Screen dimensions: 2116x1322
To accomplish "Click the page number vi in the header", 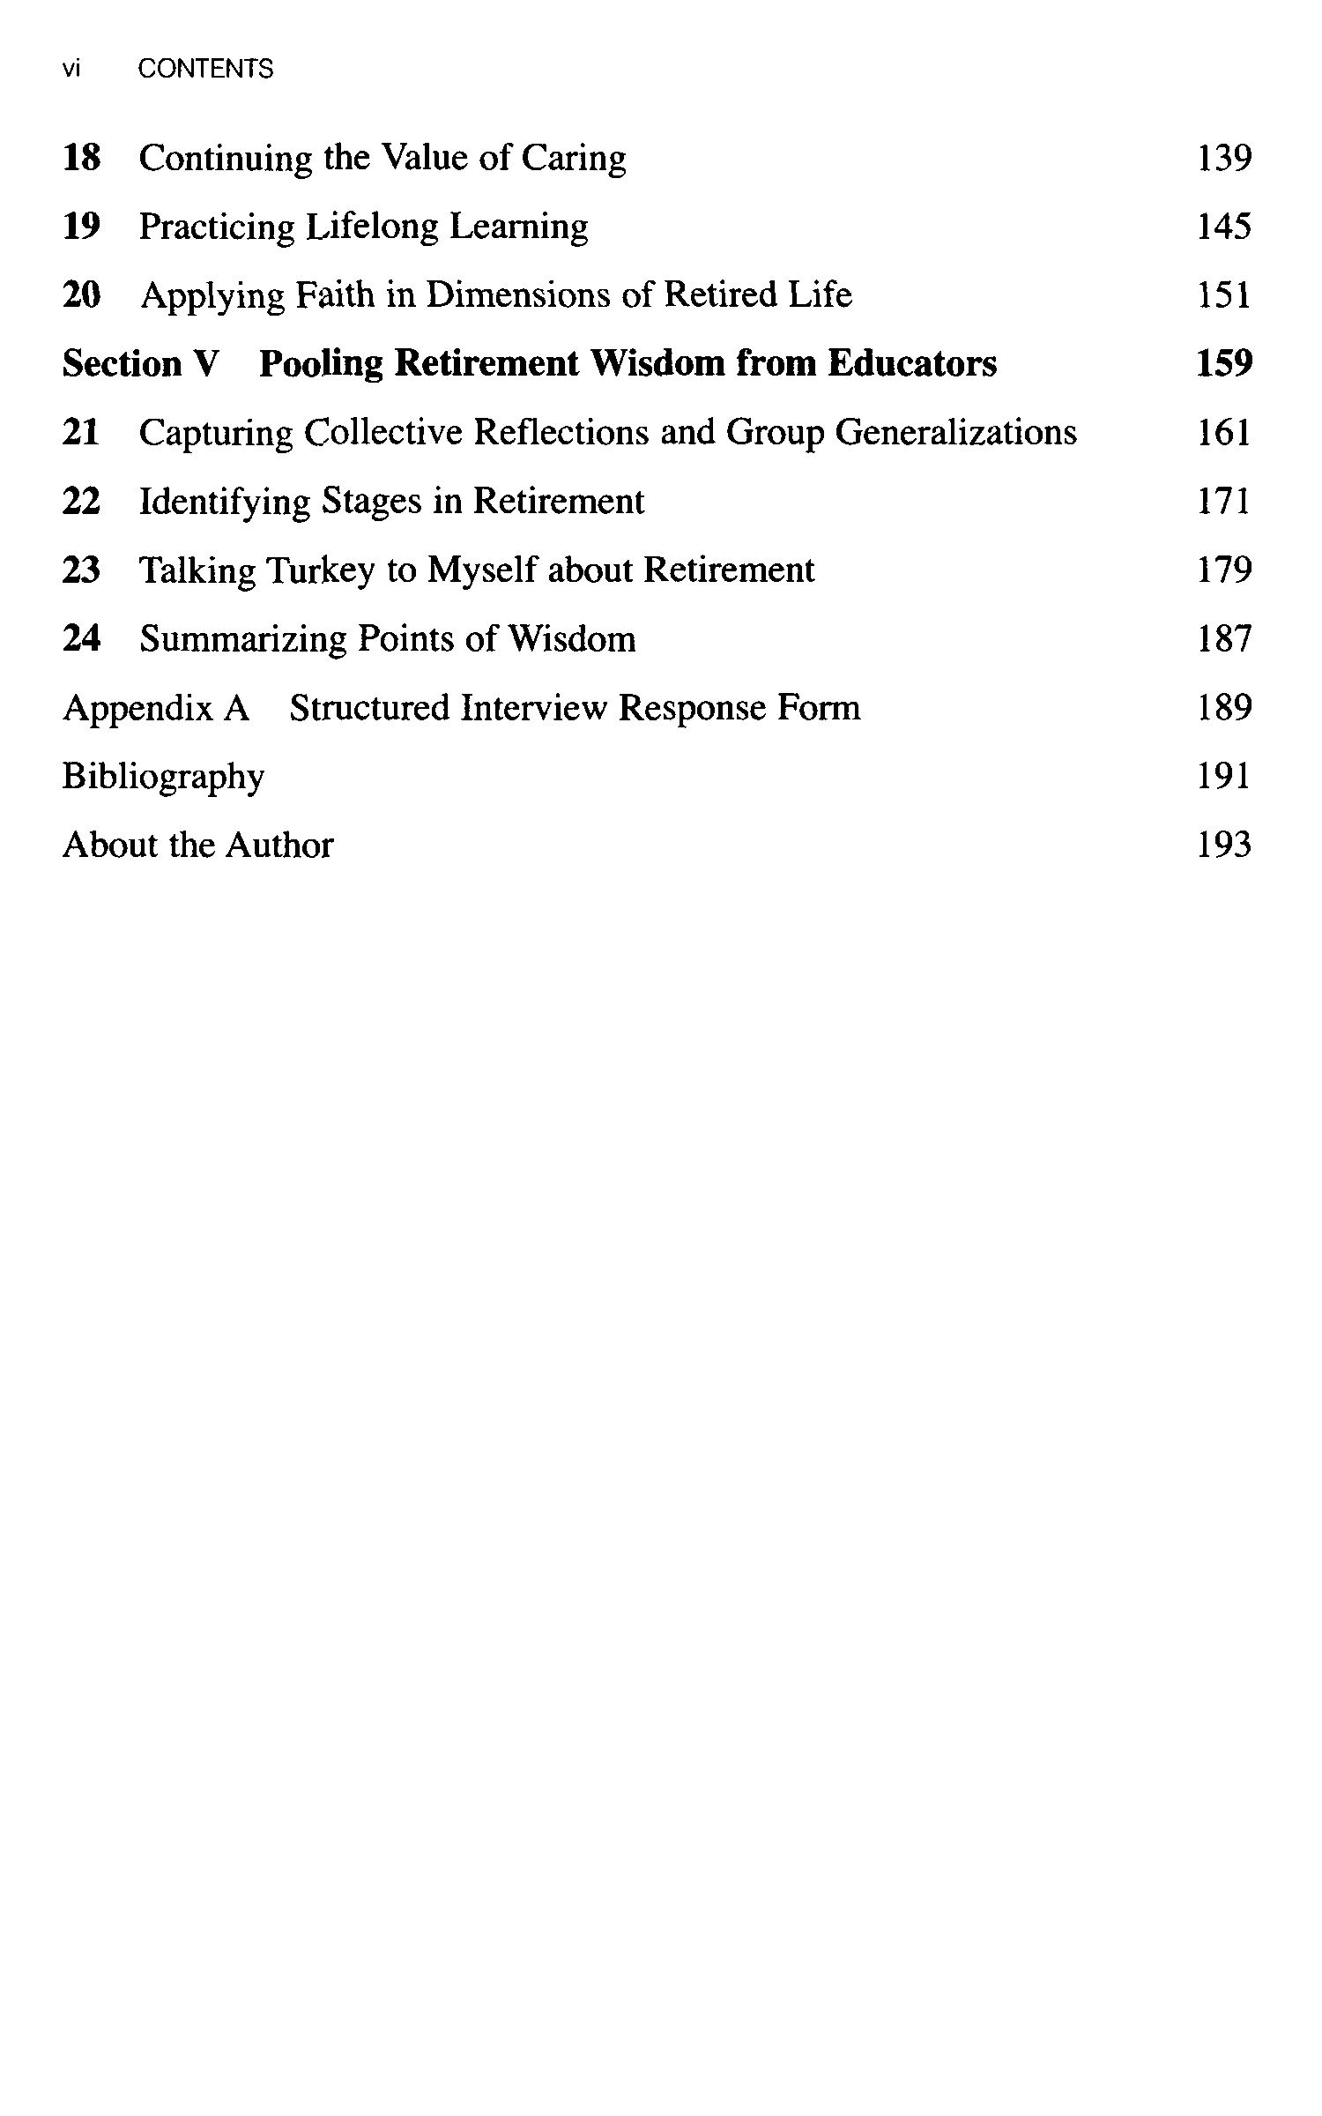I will click(71, 69).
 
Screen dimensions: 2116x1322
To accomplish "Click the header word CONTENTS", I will click(205, 69).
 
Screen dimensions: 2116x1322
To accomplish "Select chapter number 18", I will click(81, 158).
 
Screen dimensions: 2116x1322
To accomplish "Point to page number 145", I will click(1223, 227).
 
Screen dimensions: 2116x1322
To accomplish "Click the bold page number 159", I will click(1224, 363).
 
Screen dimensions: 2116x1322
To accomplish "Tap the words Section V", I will click(140, 363).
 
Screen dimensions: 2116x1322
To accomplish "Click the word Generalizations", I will click(955, 432).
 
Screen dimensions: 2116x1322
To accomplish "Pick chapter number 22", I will click(81, 501).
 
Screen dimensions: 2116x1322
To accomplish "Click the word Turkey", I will click(320, 570).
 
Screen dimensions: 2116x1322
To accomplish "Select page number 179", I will click(1224, 570).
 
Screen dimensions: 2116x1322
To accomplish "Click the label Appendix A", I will click(156, 708).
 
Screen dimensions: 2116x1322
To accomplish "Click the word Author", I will click(279, 846).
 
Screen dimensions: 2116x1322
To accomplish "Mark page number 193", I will click(1224, 845).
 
